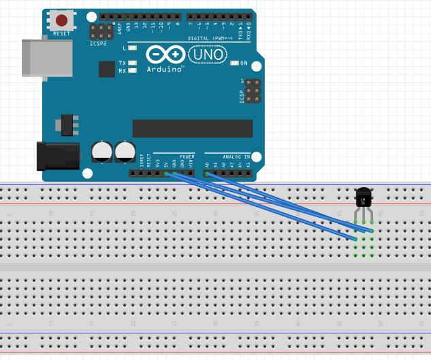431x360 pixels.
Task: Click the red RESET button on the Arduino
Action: coord(61,20)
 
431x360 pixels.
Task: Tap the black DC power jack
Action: coord(58,156)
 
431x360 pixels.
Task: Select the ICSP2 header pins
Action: coord(101,32)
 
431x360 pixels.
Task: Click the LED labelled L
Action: coord(132,48)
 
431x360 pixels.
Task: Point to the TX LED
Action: coord(132,63)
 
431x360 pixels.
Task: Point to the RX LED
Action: coord(132,70)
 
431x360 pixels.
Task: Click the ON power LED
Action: coord(234,63)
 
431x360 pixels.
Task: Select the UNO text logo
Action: coord(208,54)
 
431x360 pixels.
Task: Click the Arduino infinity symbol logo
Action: coord(165,54)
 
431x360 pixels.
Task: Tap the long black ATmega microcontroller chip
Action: coord(192,128)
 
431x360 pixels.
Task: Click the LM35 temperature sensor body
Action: coord(364,198)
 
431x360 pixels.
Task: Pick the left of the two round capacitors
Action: coord(102,151)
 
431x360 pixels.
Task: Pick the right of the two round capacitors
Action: coord(125,151)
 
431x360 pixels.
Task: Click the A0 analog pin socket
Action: coord(207,173)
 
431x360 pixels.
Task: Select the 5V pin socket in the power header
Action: coord(165,173)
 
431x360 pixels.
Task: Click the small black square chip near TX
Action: coord(107,69)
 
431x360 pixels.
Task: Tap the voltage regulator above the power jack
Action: coord(67,125)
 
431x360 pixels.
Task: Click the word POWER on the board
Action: coord(187,157)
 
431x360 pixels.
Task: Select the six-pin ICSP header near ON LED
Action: coord(253,91)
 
